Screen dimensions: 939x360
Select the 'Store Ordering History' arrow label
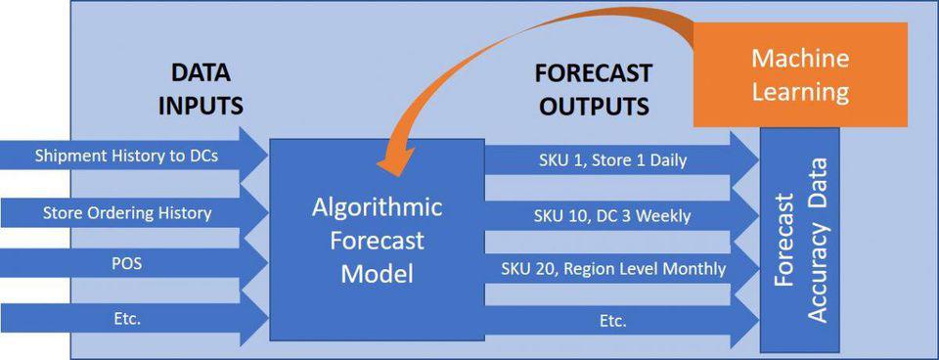[127, 212]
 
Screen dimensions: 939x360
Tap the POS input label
[126, 263]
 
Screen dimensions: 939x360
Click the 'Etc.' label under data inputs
[126, 319]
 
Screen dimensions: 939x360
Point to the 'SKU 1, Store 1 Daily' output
[610, 160]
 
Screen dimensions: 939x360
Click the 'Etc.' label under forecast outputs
[612, 321]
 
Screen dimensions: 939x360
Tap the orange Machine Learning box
[800, 74]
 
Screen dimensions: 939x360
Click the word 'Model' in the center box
[377, 274]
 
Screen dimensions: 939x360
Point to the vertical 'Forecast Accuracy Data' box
[799, 240]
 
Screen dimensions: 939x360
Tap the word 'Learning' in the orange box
[800, 92]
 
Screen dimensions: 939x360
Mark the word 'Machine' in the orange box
[800, 59]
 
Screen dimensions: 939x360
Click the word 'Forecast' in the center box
[378, 241]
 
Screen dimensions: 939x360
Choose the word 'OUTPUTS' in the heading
[593, 106]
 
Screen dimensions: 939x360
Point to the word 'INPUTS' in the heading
[200, 106]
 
